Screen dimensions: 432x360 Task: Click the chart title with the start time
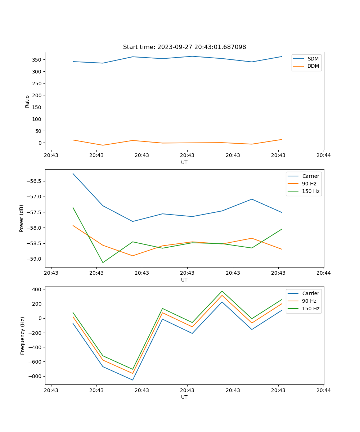(184, 47)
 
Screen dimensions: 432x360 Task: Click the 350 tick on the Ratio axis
(38, 60)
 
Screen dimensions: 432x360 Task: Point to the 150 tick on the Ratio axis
(38, 107)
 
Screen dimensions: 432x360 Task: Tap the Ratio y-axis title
(27, 101)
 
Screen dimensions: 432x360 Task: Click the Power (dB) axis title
(22, 218)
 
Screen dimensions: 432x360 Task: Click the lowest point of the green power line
(103, 262)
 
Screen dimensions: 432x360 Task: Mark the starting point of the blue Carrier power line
(73, 174)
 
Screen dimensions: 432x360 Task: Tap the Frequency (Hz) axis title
(23, 336)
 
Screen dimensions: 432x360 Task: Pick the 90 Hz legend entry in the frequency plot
(309, 301)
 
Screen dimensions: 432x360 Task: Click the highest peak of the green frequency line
(222, 291)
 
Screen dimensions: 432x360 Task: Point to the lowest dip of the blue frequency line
(133, 380)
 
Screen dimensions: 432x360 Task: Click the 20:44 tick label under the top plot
(324, 156)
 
